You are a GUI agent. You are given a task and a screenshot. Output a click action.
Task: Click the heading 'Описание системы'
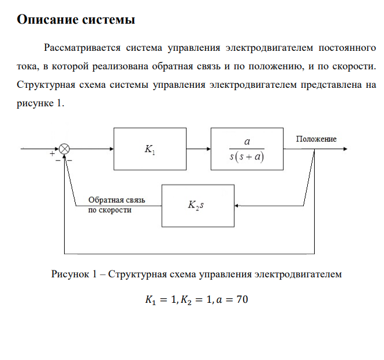pyautogui.click(x=76, y=20)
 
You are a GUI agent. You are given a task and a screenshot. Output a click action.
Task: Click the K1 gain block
pyautogui.click(x=150, y=149)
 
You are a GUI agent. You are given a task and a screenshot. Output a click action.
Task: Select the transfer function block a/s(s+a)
pyautogui.click(x=248, y=149)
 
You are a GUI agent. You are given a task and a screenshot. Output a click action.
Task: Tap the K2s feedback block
pyautogui.click(x=198, y=205)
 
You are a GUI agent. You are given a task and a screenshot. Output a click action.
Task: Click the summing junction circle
pyautogui.click(x=65, y=149)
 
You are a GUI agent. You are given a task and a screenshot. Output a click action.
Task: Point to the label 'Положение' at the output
pyautogui.click(x=316, y=139)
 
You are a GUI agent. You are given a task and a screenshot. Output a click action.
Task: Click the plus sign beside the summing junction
pyautogui.click(x=52, y=155)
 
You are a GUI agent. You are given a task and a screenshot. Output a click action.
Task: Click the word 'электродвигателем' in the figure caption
pyautogui.click(x=299, y=274)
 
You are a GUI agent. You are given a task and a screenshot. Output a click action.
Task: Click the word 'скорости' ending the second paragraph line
pyautogui.click(x=354, y=66)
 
